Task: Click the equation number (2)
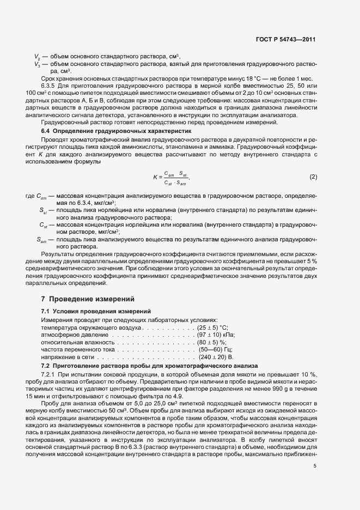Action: pyautogui.click(x=313, y=177)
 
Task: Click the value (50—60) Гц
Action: pyautogui.click(x=216, y=349)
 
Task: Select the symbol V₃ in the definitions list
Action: pyautogui.click(x=38, y=64)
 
